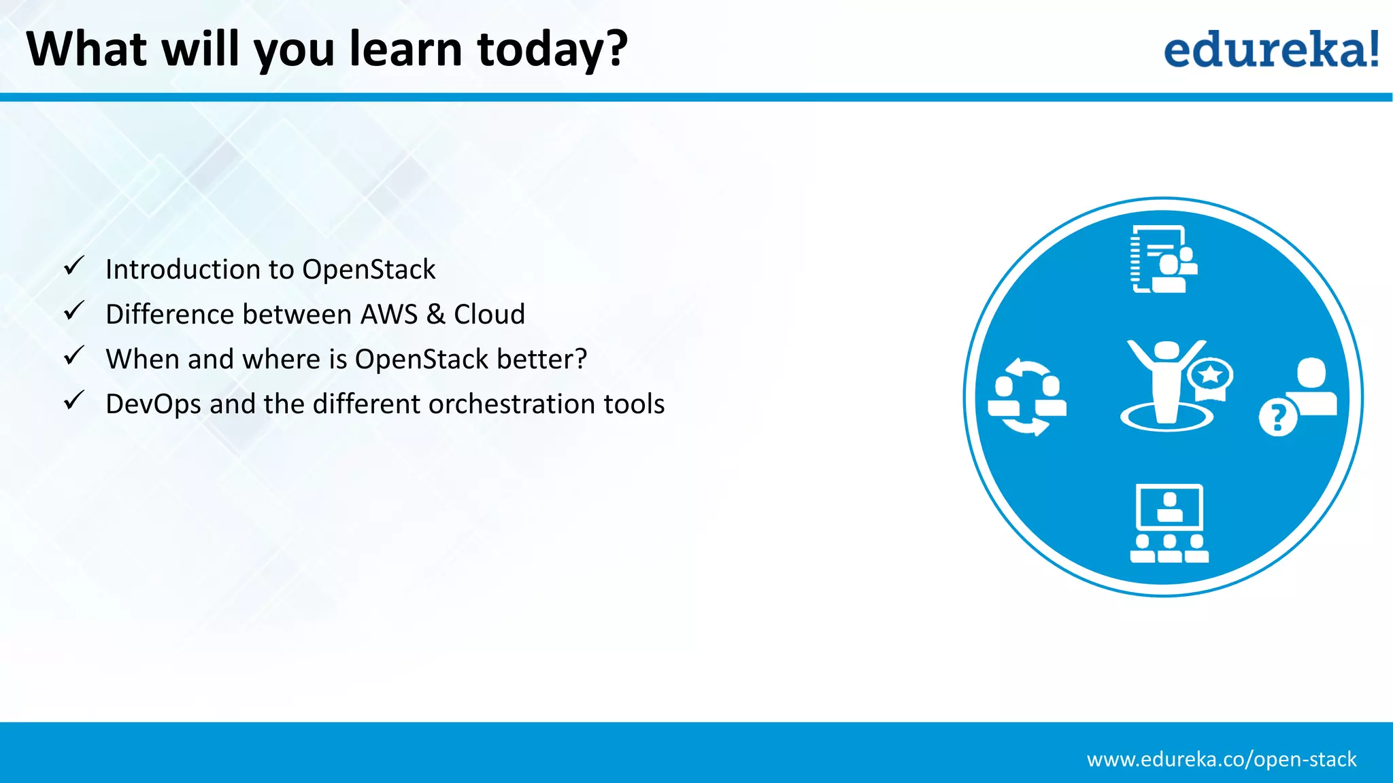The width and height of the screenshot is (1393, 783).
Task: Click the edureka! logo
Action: (1271, 50)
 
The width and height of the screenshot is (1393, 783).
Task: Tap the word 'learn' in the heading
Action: (405, 50)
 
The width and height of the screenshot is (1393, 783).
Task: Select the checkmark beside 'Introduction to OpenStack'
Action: (74, 266)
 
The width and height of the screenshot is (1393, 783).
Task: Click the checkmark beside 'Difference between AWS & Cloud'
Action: (74, 311)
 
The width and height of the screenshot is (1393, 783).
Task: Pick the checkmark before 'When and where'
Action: (74, 355)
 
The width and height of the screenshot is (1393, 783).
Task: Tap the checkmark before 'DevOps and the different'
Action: (74, 400)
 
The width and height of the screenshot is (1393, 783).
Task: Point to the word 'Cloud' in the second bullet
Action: (489, 315)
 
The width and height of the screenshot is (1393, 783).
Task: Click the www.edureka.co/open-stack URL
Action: (1221, 759)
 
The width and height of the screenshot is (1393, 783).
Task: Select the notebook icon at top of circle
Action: (1163, 260)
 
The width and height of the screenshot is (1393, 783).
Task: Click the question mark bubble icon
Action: (1277, 417)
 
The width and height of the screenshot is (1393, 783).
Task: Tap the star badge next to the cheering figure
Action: (1210, 376)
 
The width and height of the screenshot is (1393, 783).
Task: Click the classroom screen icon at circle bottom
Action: (1169, 523)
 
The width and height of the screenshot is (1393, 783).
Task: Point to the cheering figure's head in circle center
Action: (1167, 351)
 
